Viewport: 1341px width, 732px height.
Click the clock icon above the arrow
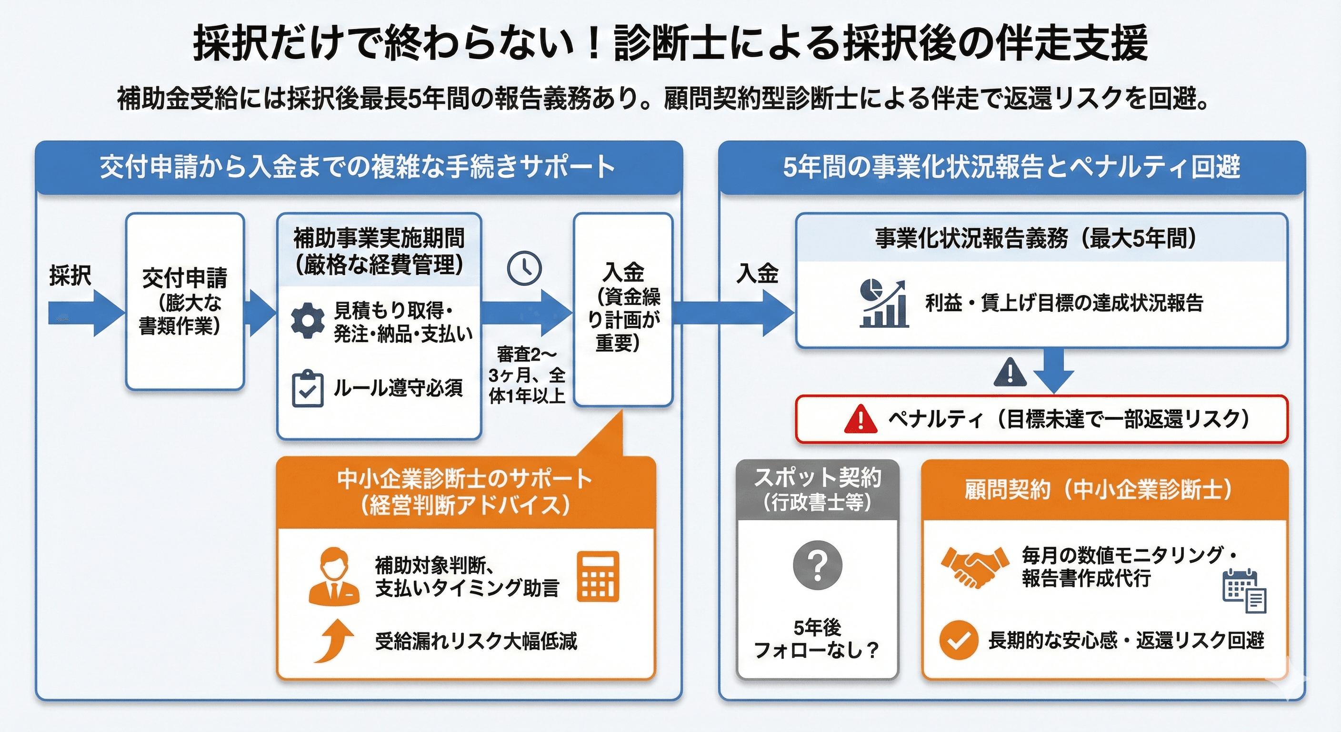(x=524, y=268)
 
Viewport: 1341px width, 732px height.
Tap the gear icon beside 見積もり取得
(x=308, y=320)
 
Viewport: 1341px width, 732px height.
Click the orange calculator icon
(x=598, y=577)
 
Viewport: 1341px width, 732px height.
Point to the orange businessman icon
(x=334, y=577)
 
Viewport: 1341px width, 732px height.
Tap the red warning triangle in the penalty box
(x=861, y=419)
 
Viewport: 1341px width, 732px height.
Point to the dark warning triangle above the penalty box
(x=1010, y=372)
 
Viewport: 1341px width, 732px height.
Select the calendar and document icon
(x=1244, y=591)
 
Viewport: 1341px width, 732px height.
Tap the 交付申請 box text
(x=184, y=301)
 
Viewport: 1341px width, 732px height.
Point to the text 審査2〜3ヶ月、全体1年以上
(x=527, y=375)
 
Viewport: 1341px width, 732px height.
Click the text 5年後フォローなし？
(x=817, y=639)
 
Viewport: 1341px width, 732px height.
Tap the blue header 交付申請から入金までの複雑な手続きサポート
(x=358, y=167)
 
